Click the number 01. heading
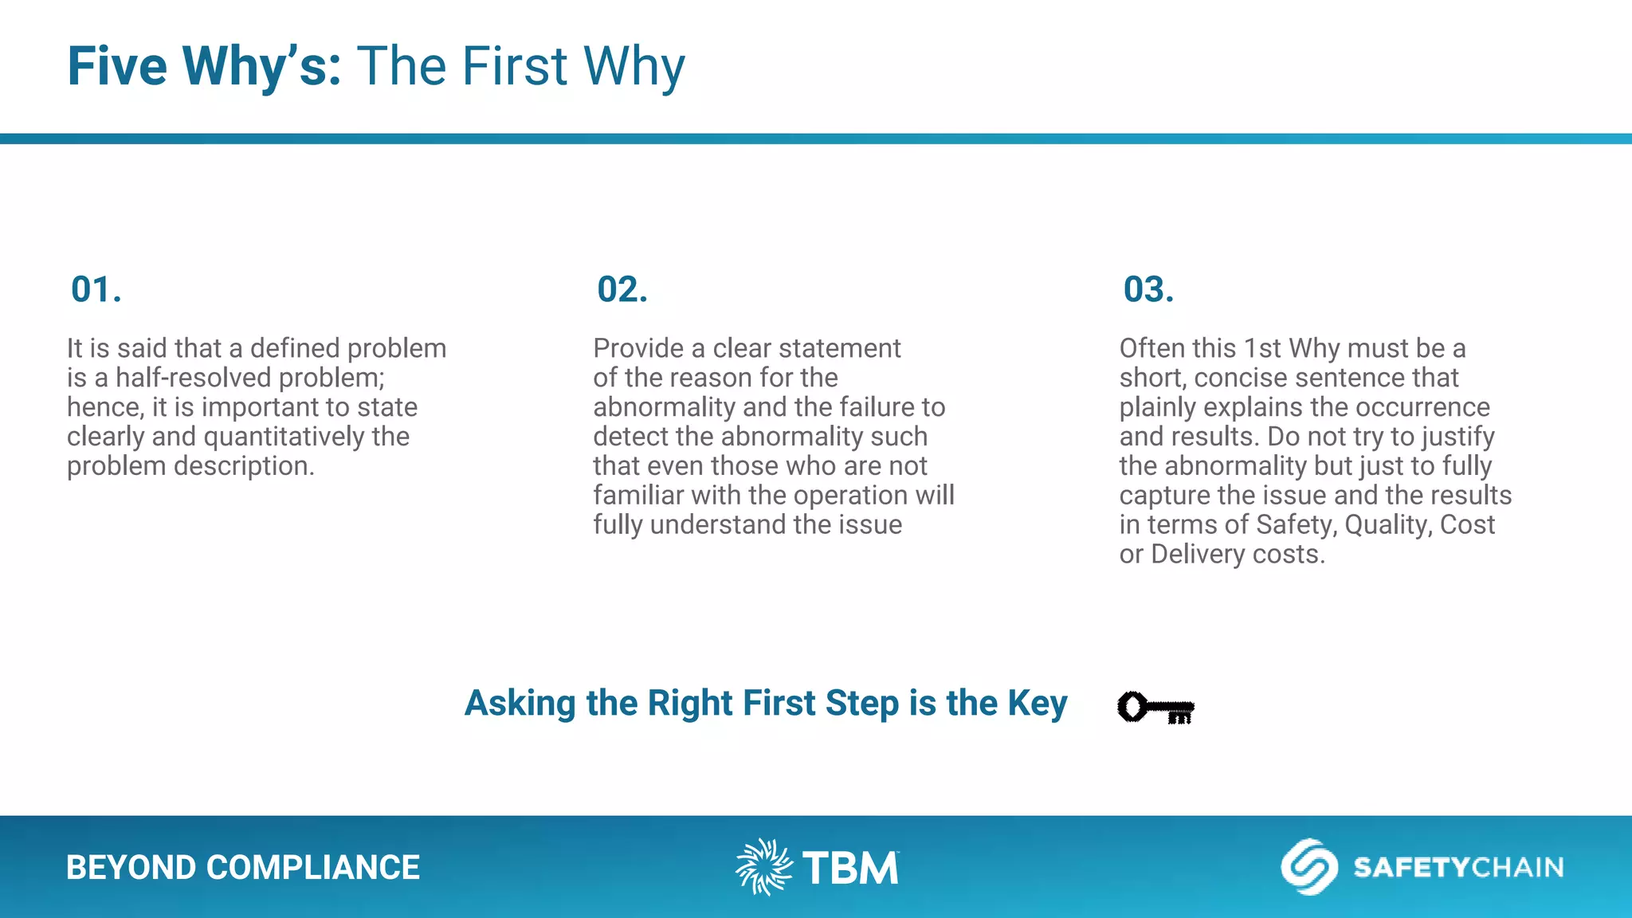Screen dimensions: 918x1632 (x=96, y=289)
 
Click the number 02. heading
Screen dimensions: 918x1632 (x=622, y=289)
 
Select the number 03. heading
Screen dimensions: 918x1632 (x=1147, y=289)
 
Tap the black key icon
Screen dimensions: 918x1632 (x=1155, y=707)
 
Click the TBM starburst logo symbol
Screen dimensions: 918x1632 (x=763, y=867)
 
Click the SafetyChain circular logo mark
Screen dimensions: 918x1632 (x=1308, y=867)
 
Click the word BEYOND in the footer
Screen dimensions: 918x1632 (x=131, y=868)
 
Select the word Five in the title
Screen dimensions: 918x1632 (x=117, y=66)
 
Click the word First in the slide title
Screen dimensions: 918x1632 (x=514, y=66)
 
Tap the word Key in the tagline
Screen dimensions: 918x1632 (x=1037, y=704)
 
